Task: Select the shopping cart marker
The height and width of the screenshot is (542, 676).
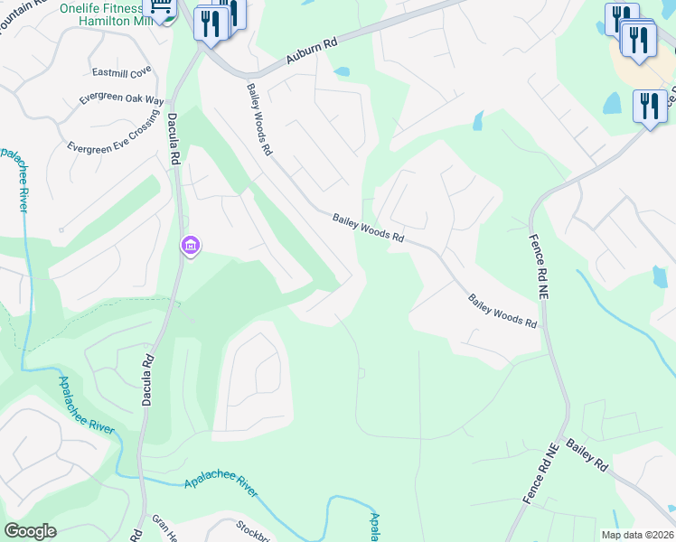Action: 162,9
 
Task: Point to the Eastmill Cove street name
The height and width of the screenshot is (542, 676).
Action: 122,71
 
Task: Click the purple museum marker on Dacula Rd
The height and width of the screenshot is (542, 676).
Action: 190,246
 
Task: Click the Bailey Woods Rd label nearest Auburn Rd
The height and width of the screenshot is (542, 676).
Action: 259,120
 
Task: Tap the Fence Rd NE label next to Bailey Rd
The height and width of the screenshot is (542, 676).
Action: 541,472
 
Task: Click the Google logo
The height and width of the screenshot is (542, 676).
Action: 30,530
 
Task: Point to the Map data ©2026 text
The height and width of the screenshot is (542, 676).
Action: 637,535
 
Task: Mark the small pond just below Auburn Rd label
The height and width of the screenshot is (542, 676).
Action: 342,71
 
